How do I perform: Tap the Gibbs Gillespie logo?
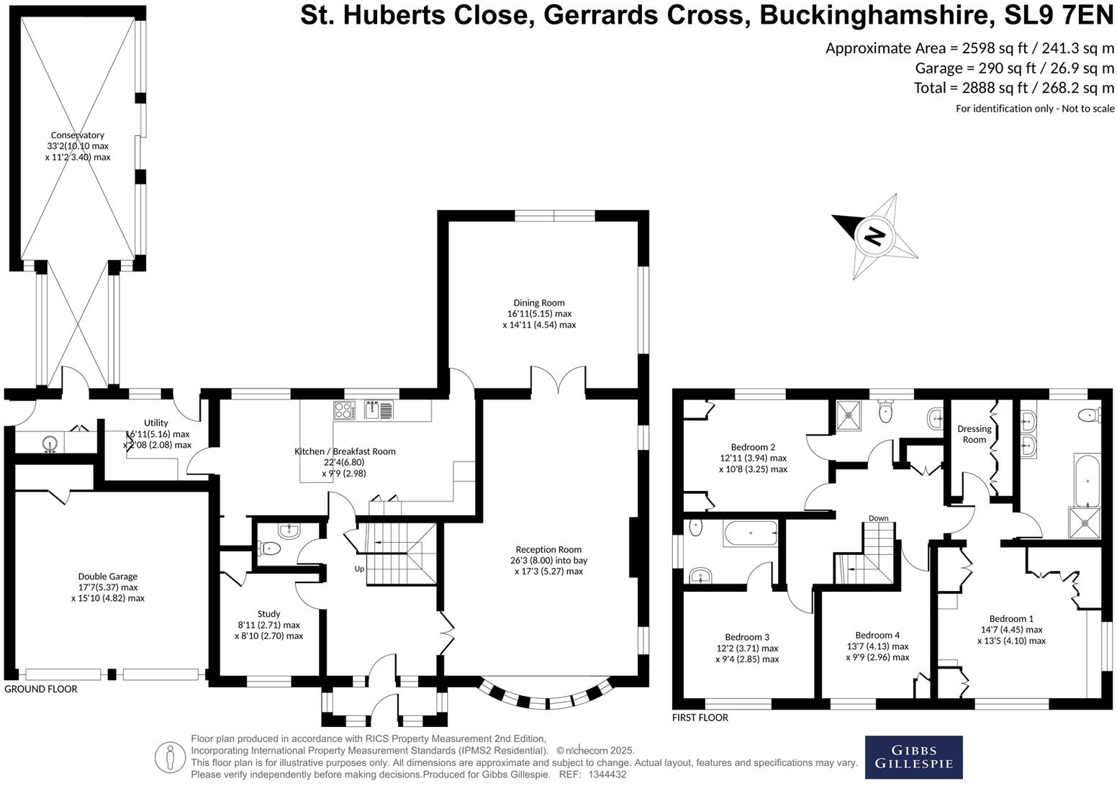point(913,756)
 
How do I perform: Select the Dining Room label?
point(539,303)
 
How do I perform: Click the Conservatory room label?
point(77,135)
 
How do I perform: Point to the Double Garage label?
point(107,577)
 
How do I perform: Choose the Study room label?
point(268,614)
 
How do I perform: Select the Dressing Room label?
point(974,434)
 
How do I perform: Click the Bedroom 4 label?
point(877,635)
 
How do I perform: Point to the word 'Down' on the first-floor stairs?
point(878,518)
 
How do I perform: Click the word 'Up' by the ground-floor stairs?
point(359,569)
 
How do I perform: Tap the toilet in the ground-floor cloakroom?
point(271,548)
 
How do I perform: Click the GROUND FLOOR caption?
point(40,689)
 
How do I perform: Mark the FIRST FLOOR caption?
point(700,718)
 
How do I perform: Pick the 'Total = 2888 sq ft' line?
point(1013,88)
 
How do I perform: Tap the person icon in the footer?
point(171,757)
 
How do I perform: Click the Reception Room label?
point(548,549)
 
